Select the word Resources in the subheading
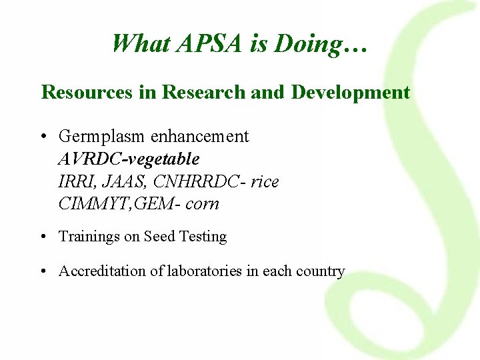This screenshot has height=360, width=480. [x=87, y=92]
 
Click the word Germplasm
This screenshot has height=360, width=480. [x=103, y=137]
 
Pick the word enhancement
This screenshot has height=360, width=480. [x=200, y=137]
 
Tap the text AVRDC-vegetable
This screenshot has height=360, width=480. [x=129, y=159]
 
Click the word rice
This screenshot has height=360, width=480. [x=265, y=181]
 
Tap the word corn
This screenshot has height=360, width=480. [x=202, y=203]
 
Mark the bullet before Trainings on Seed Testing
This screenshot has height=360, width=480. [x=43, y=237]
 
